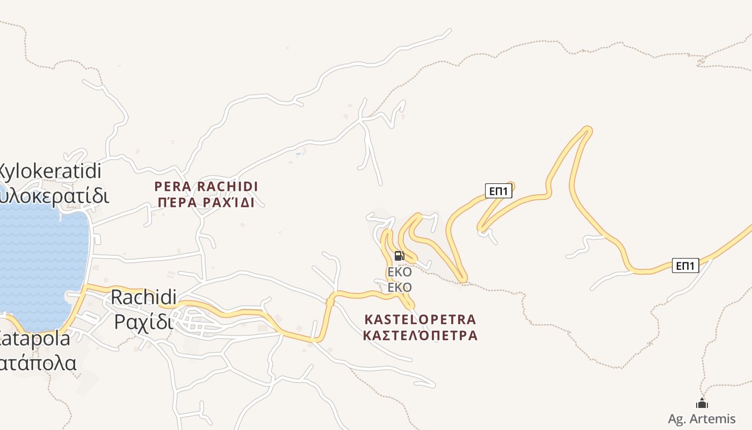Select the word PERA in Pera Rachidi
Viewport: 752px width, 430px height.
pos(172,187)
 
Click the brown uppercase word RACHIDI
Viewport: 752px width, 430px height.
pos(227,187)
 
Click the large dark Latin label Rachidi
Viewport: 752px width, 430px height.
pos(143,297)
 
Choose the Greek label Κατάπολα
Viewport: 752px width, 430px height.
pos(38,363)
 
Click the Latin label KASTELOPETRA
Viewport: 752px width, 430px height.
pos(420,319)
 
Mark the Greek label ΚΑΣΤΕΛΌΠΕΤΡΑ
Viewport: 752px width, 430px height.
pos(420,335)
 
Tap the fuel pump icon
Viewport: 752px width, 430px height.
pos(399,256)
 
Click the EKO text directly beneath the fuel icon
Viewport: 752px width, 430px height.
pos(400,272)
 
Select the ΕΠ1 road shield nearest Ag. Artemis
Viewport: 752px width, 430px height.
pos(685,266)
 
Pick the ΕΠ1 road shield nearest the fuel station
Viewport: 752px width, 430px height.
pos(498,191)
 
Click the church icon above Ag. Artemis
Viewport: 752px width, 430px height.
pos(702,403)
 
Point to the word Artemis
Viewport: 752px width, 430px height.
pos(712,419)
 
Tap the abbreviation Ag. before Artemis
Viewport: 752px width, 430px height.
pos(676,419)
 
